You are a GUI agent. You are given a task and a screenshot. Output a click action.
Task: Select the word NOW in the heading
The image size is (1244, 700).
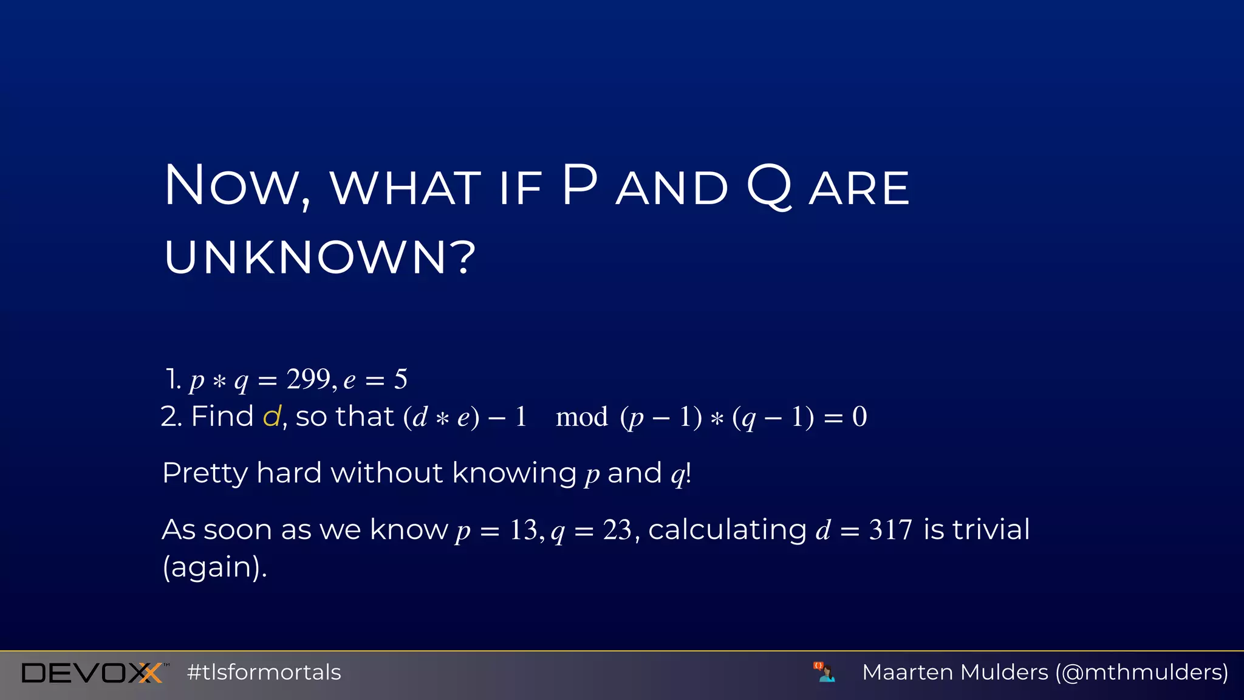[237, 186]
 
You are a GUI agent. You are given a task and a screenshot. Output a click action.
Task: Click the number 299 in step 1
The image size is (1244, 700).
[309, 379]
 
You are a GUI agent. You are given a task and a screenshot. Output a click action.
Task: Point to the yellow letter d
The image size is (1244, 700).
[272, 417]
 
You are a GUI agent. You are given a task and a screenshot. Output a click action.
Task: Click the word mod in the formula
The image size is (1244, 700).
[581, 417]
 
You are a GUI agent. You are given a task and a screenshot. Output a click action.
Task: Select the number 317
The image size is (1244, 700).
[890, 530]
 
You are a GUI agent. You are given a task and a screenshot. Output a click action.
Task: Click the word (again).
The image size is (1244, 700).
[214, 567]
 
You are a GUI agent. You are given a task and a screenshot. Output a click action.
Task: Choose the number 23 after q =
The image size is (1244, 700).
[618, 530]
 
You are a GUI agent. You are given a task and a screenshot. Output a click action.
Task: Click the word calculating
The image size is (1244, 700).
[727, 530]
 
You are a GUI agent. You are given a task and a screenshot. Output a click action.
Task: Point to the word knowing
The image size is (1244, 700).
[514, 473]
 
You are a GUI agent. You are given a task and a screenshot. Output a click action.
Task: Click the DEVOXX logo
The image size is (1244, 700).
[92, 673]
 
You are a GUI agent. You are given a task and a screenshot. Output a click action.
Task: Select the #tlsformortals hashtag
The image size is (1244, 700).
[264, 673]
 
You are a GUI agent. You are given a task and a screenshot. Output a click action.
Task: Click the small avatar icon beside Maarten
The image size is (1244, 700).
[824, 672]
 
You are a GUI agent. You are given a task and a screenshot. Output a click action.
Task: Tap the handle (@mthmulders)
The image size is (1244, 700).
[1142, 673]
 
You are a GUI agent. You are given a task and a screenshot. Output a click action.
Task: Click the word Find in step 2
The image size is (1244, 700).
[222, 417]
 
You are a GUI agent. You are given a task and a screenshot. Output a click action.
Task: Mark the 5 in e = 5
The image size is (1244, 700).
[400, 380]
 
